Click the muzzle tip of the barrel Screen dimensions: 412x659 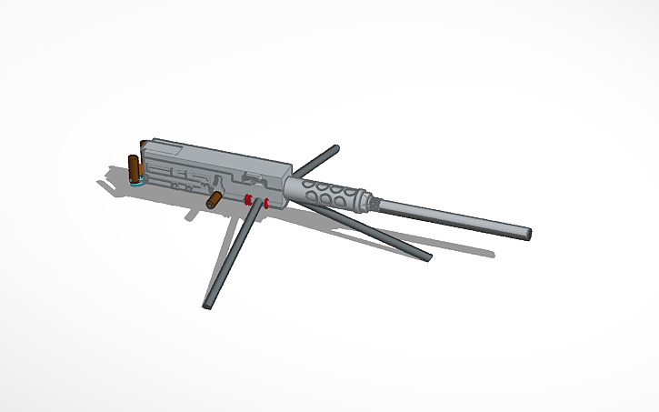click(526, 233)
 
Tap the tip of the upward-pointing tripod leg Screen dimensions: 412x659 click(334, 147)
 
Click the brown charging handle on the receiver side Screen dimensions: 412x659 click(215, 199)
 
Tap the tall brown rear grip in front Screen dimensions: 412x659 click(135, 168)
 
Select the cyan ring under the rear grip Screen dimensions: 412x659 click(138, 182)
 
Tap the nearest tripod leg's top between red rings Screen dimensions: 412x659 click(257, 201)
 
